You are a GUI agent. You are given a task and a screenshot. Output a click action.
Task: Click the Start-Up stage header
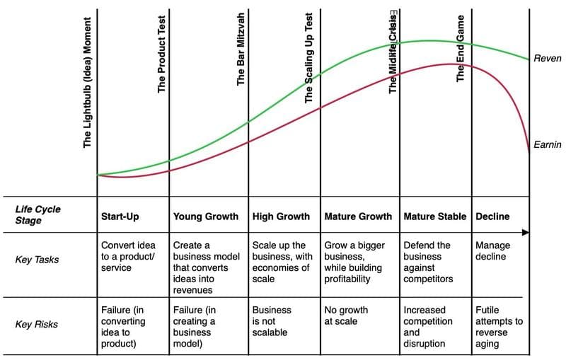[120, 216]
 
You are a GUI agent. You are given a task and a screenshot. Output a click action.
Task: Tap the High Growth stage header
[281, 216]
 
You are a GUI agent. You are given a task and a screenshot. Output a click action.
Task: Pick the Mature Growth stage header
[357, 216]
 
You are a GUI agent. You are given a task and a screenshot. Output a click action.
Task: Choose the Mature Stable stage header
[434, 216]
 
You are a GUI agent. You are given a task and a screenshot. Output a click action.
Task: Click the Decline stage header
[492, 216]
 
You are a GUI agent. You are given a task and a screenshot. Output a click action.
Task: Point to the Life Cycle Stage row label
[38, 215]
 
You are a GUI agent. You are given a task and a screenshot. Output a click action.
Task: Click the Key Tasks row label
[37, 260]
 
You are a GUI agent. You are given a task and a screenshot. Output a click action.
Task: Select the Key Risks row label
[37, 325]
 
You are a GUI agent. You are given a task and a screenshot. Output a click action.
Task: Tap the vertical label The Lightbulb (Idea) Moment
[88, 81]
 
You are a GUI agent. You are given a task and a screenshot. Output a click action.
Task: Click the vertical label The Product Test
[162, 54]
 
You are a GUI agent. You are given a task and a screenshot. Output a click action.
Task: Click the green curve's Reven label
[547, 59]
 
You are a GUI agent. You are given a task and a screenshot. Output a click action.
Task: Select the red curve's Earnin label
[547, 145]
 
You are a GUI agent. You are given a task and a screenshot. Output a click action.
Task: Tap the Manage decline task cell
[492, 251]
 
